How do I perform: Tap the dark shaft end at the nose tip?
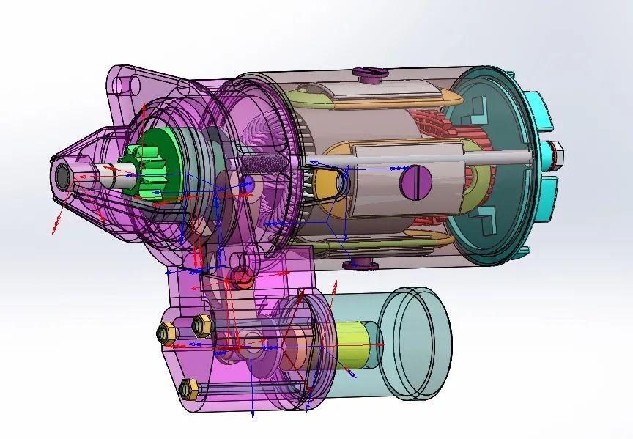(63, 175)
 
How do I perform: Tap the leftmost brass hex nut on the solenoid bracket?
(166, 334)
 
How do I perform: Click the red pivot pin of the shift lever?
(240, 276)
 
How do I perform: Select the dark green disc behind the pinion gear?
(158, 150)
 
